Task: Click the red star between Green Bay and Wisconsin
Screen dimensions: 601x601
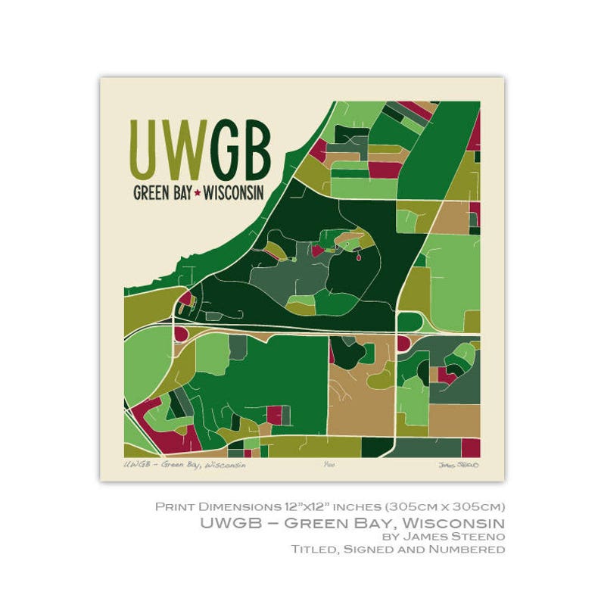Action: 198,193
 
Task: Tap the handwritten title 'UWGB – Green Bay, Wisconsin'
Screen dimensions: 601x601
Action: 184,465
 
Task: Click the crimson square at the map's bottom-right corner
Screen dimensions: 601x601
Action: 471,448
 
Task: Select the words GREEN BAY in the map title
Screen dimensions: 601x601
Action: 162,193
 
